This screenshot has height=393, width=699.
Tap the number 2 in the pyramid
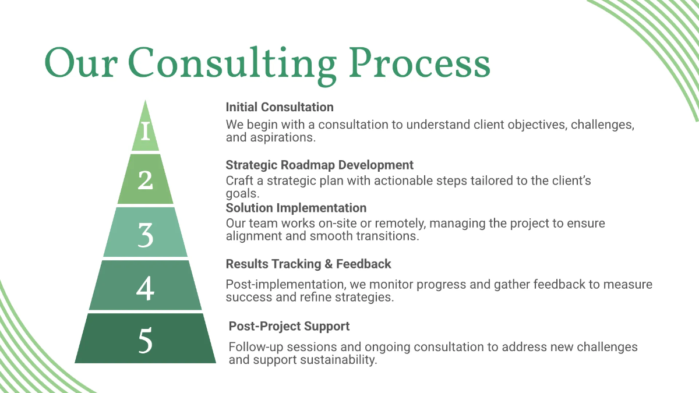pos(145,180)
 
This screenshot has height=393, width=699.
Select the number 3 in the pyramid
pos(145,234)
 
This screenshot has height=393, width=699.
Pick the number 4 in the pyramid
pos(145,288)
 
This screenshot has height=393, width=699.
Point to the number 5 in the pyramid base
pos(145,341)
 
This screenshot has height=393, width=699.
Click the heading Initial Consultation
pos(280,107)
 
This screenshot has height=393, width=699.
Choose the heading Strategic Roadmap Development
pos(319,165)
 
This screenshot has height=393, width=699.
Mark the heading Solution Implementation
pos(296,208)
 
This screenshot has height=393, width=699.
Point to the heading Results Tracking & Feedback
pos(308,264)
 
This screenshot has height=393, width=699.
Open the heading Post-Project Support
pos(289,326)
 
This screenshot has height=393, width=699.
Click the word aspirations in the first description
pos(280,138)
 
